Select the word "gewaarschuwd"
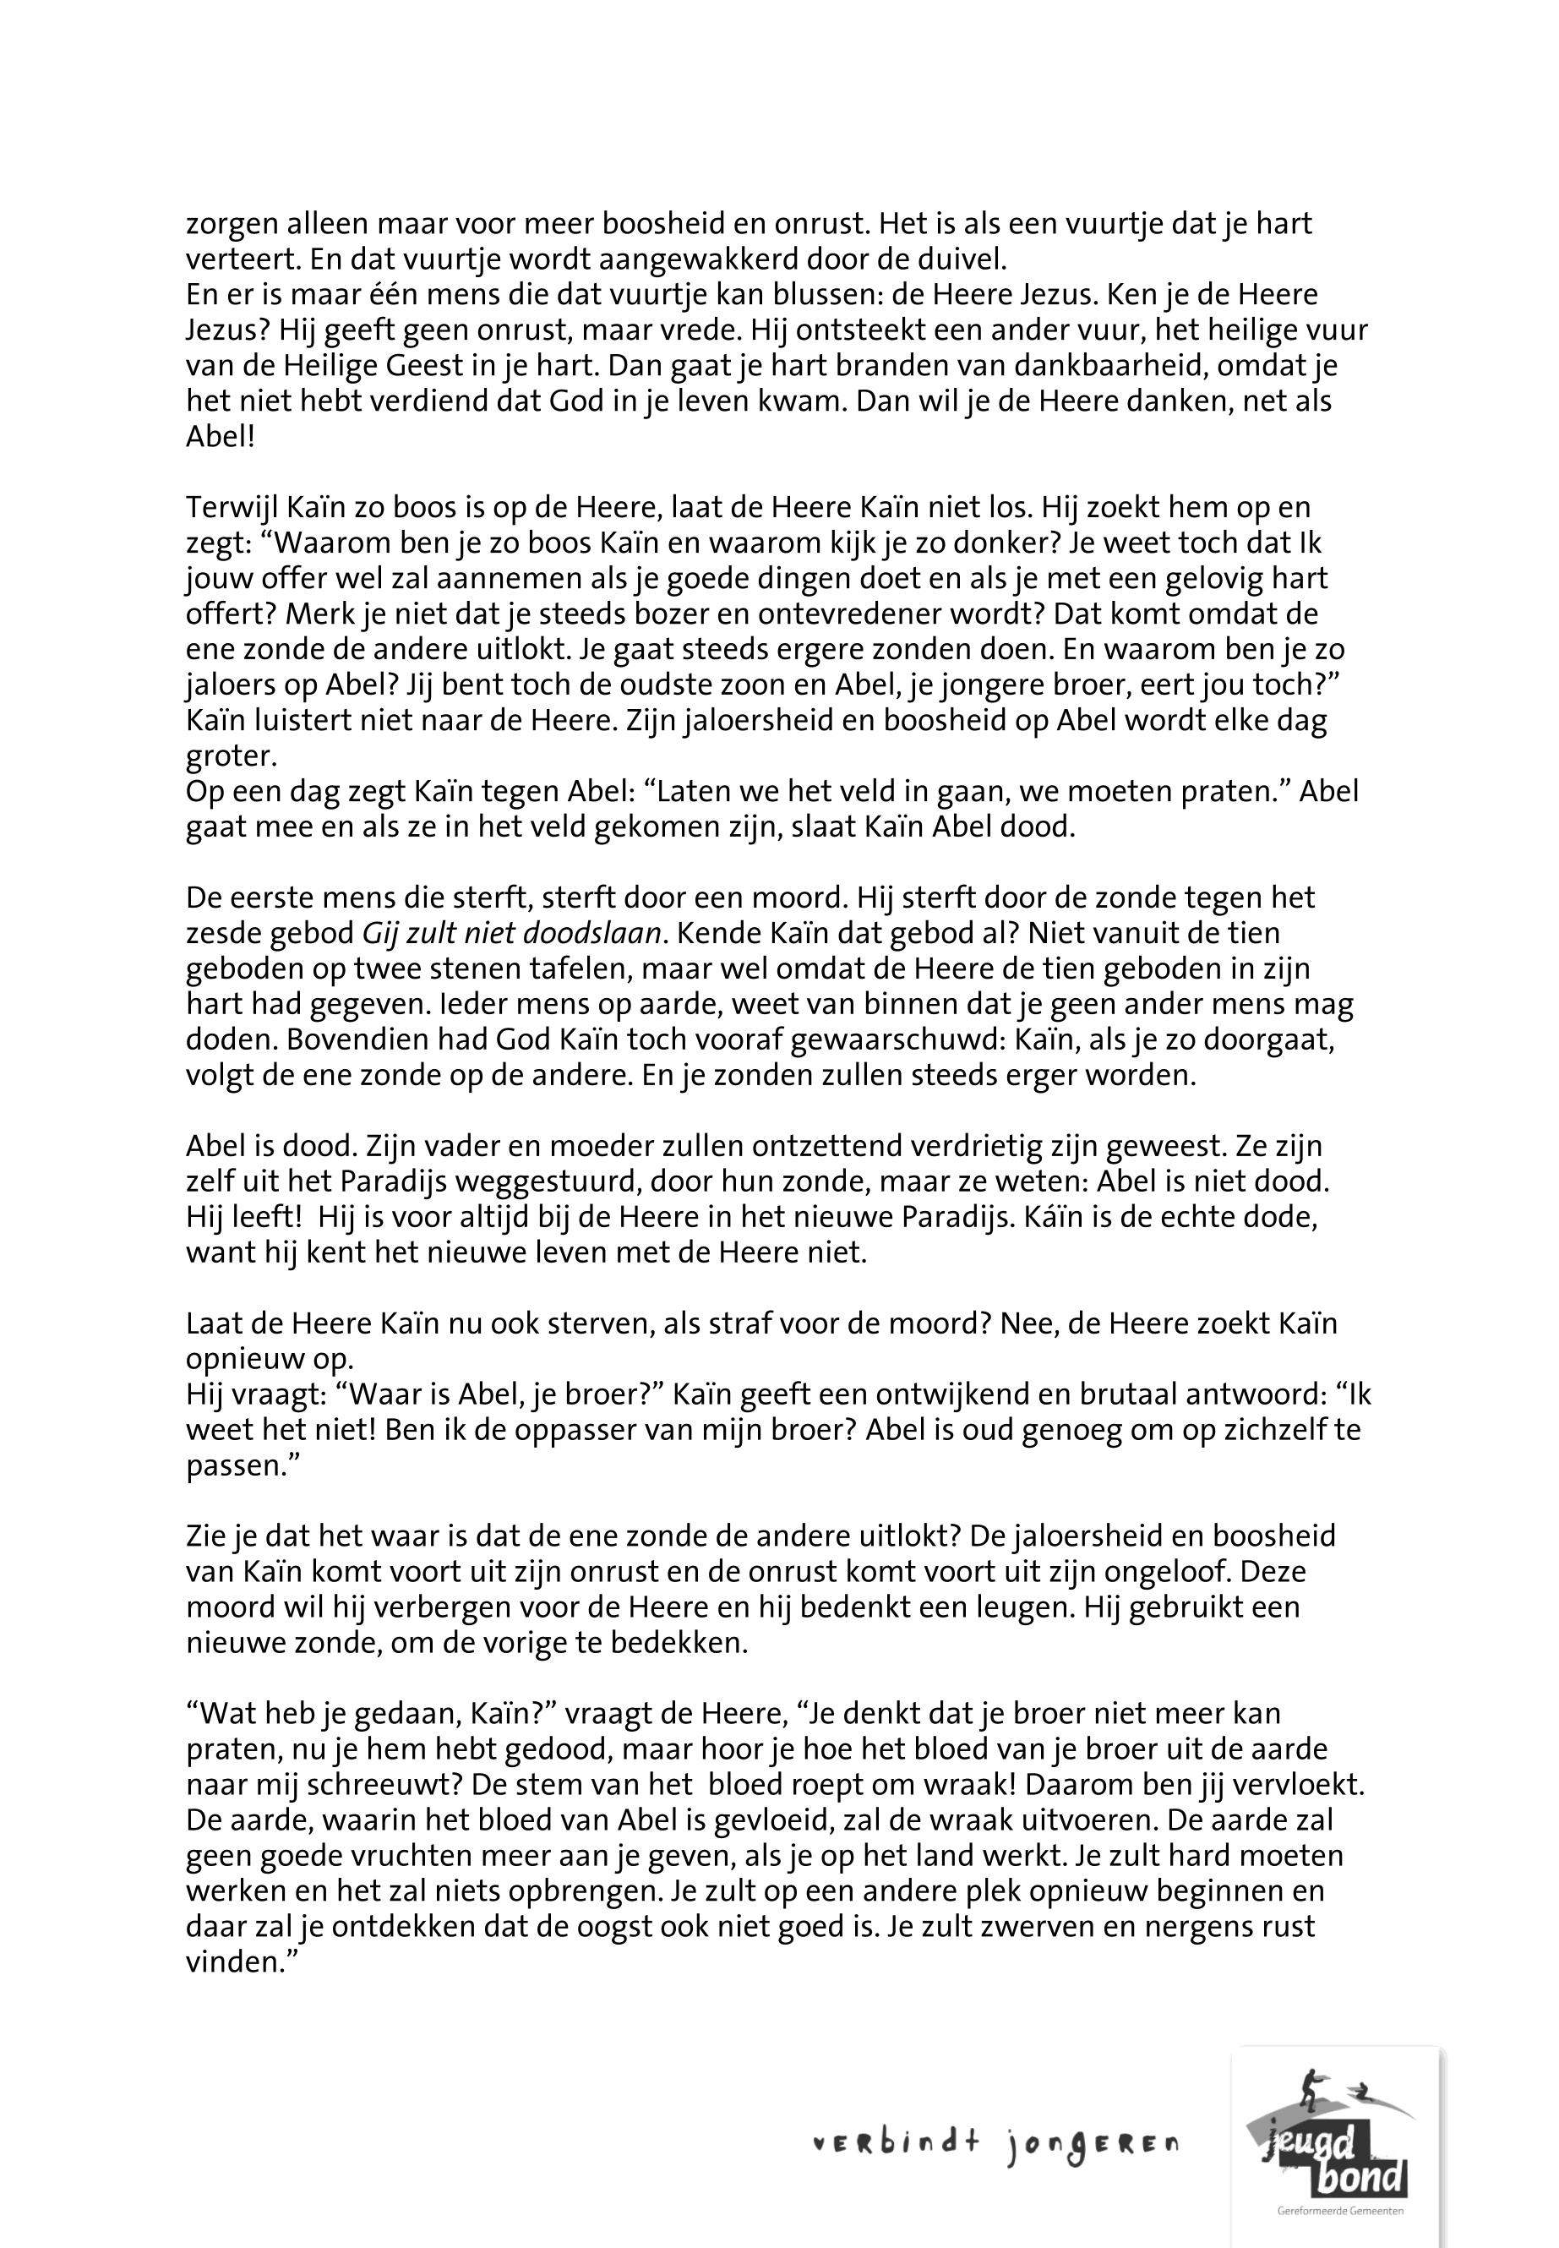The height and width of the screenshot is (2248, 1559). pos(869,1039)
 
